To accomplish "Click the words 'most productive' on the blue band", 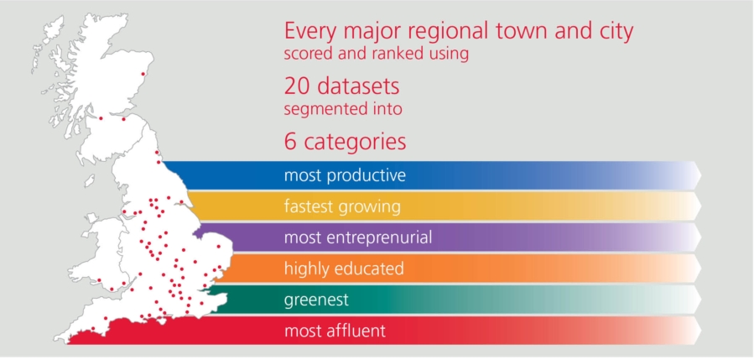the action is (x=345, y=175).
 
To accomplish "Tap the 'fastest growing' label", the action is (x=342, y=207).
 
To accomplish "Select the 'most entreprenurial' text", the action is (x=358, y=237).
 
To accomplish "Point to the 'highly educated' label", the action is (x=344, y=269).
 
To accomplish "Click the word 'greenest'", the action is (x=316, y=300).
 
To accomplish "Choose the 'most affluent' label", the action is (x=335, y=331).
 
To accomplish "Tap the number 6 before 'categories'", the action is (x=290, y=143).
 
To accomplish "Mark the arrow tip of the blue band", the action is (x=701, y=175).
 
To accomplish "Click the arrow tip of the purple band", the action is (x=701, y=237).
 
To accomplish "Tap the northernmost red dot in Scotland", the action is (x=143, y=74).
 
